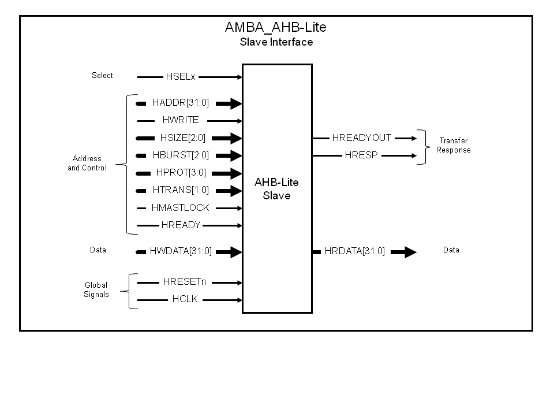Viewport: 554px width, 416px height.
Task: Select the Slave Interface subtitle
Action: (276, 42)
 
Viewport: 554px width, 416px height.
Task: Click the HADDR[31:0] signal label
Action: (181, 103)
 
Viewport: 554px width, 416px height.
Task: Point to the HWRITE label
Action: (181, 120)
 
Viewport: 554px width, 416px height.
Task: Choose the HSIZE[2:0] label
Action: (182, 138)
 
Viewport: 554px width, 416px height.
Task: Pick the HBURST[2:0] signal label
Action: (181, 155)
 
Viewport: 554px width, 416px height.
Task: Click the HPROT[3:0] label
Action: (181, 173)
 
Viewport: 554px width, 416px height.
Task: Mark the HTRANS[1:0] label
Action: (181, 190)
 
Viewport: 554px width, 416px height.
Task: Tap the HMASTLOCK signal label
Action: (181, 208)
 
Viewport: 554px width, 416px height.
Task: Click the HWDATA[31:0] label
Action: (181, 251)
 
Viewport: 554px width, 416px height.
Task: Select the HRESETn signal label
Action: (185, 283)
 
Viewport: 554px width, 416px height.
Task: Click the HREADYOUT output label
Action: (362, 138)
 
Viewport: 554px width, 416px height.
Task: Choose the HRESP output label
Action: (361, 155)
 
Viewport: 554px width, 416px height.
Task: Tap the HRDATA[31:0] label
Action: (355, 251)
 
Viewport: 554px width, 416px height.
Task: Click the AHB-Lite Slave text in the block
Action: (277, 189)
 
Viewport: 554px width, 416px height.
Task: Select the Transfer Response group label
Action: (454, 146)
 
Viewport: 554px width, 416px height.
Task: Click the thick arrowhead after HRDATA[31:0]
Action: (409, 252)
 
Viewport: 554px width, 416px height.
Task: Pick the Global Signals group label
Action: (96, 290)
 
